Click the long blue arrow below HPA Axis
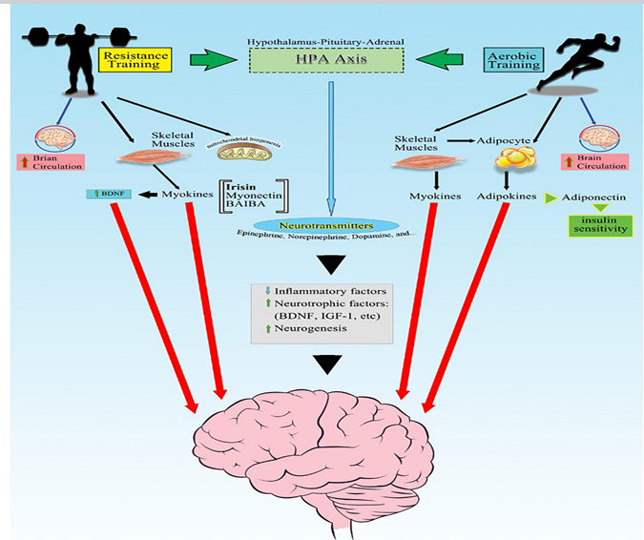330,143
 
